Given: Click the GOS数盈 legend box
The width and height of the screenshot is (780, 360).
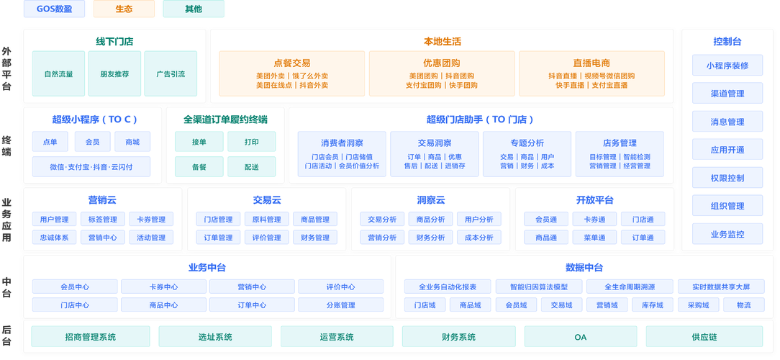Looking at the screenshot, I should [x=55, y=9].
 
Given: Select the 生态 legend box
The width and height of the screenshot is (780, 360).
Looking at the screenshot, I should [x=124, y=9].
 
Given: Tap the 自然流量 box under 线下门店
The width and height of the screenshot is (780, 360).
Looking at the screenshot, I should [x=58, y=73].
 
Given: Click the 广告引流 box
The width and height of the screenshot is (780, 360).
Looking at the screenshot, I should [x=171, y=73].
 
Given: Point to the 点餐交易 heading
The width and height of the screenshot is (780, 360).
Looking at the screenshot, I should [x=292, y=63].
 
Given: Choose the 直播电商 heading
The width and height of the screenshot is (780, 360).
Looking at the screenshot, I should [x=591, y=63].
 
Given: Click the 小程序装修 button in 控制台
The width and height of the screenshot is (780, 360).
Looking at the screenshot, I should [x=727, y=66].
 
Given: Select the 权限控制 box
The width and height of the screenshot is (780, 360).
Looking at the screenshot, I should [x=727, y=178].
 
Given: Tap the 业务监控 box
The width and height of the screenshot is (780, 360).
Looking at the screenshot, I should [x=727, y=234].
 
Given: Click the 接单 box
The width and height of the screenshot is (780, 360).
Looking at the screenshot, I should [x=199, y=142].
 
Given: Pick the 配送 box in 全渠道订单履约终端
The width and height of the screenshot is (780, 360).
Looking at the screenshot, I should [x=251, y=166].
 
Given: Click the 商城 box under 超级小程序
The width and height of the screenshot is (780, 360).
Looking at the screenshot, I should [x=132, y=142].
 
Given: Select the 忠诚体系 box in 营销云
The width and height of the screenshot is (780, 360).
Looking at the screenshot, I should [x=55, y=238].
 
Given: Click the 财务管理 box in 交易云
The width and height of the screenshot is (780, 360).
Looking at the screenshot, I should [x=315, y=238].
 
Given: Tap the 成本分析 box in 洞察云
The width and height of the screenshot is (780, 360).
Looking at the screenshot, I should [x=479, y=238].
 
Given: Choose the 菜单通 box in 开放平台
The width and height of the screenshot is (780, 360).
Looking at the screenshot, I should [x=594, y=238].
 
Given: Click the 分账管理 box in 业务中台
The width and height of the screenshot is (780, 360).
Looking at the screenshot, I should [x=341, y=305].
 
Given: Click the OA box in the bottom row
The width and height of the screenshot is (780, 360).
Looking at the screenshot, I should [x=580, y=336].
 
